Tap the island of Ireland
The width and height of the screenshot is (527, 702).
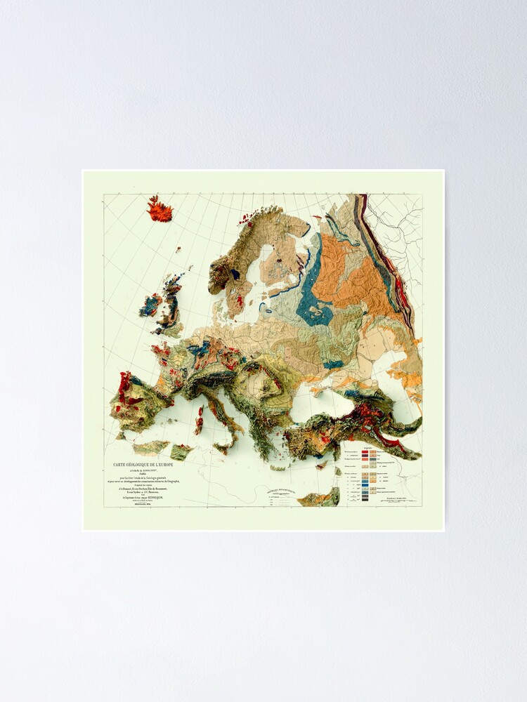[150, 305]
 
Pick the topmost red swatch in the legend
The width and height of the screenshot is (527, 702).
[365, 451]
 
